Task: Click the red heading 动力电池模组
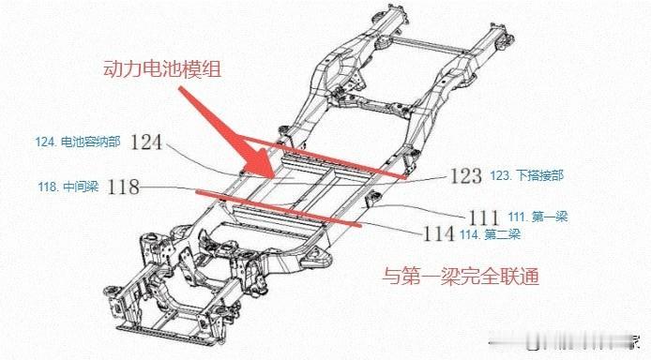pos(162,68)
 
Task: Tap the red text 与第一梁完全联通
pos(461,276)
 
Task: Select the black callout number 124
pos(146,142)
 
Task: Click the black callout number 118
pos(123,187)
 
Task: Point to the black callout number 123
pos(466,176)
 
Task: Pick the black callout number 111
pos(483,217)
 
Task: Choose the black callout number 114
pos(438,234)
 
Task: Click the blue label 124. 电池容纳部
pos(78,142)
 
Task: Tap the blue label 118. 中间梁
pos(68,187)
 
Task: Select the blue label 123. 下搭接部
pos(526,175)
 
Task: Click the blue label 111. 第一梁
pos(537,217)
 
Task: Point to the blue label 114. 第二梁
pos(490,234)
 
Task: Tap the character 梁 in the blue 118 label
pos(92,187)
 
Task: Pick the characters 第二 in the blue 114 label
pos(496,234)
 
